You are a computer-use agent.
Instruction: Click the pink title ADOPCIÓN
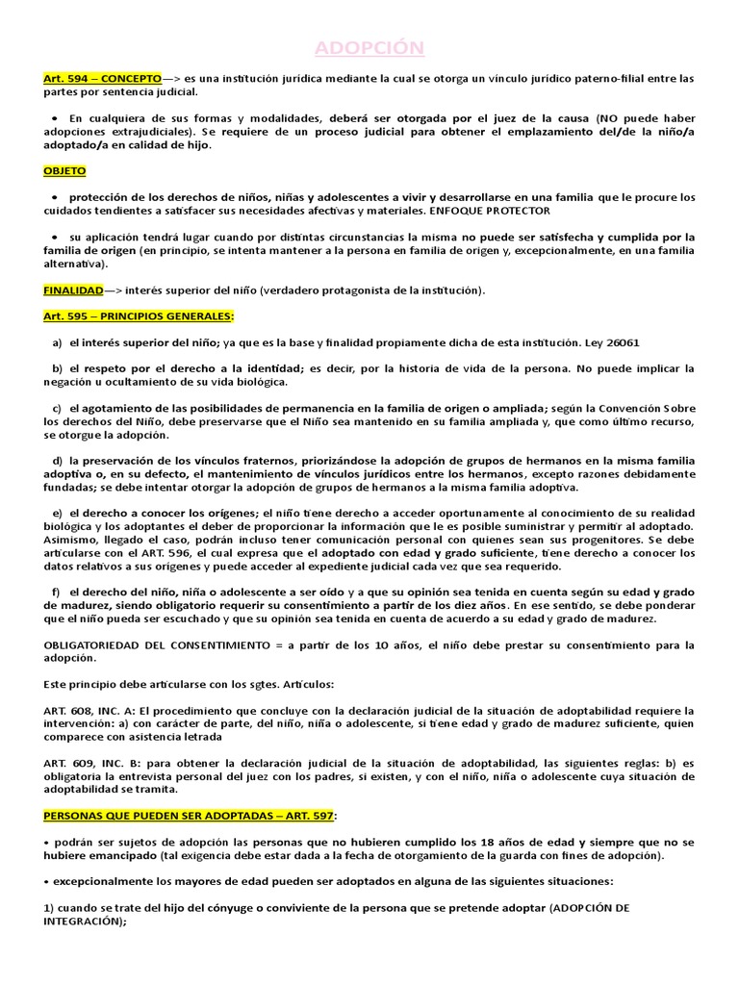tap(370, 48)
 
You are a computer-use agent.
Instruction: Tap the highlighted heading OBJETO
tap(64, 170)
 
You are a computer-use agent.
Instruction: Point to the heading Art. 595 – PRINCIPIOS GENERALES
tap(139, 316)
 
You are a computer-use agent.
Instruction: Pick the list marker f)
tap(57, 591)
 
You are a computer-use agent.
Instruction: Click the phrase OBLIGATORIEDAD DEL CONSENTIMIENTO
tap(158, 644)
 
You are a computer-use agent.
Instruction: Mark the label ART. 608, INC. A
tap(92, 710)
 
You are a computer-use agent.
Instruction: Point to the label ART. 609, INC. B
tap(92, 763)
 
